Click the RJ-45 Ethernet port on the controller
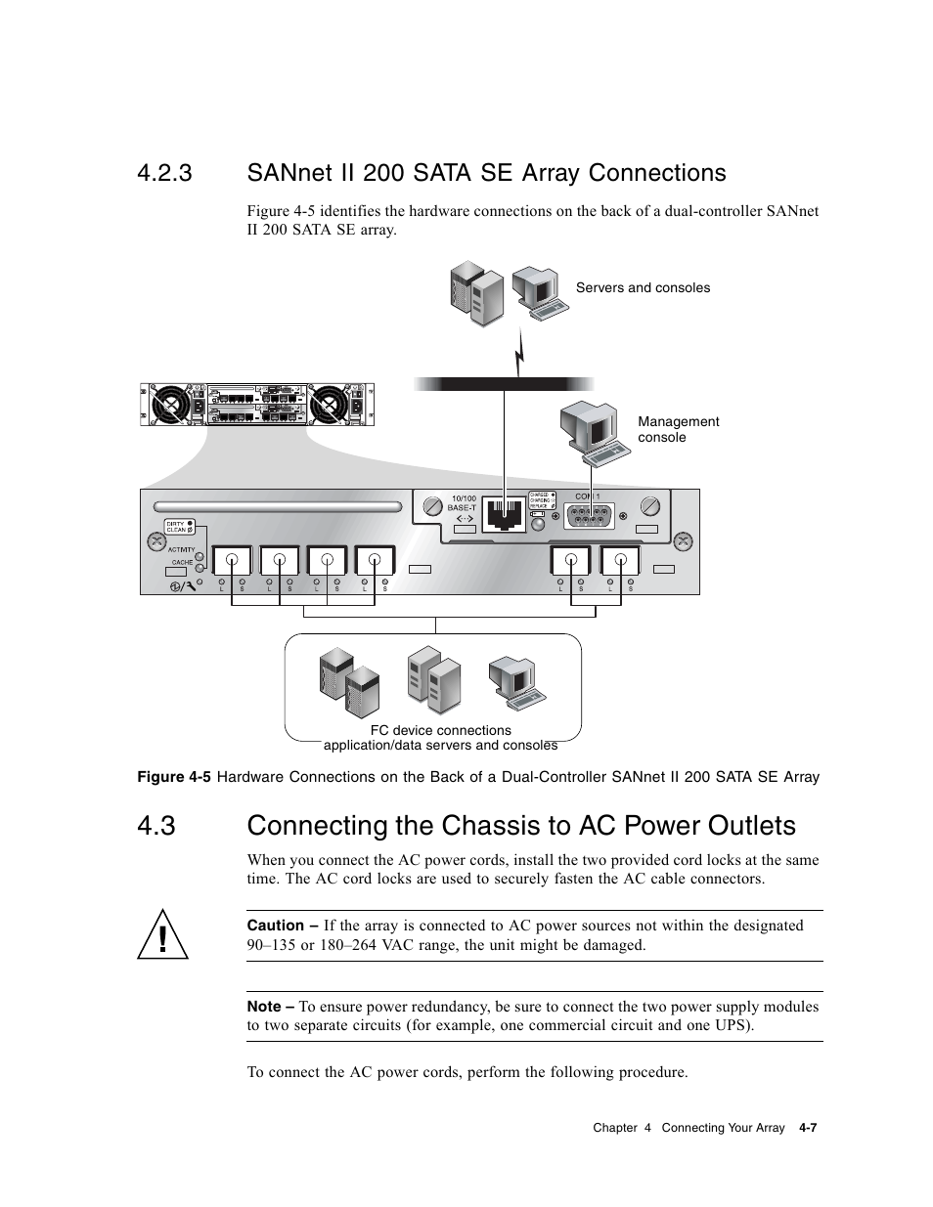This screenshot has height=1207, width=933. [503, 514]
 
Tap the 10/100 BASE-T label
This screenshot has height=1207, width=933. [462, 503]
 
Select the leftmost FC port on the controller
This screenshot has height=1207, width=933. [232, 561]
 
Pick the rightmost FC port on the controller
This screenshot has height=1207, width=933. [619, 561]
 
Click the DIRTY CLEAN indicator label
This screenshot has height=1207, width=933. [176, 527]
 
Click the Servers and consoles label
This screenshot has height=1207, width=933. [643, 287]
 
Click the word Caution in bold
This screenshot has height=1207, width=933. [275, 926]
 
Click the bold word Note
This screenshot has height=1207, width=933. [263, 1007]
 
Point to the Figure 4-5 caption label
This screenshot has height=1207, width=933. [173, 777]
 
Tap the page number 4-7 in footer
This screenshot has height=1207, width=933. [807, 1128]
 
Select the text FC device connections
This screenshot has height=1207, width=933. [440, 730]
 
